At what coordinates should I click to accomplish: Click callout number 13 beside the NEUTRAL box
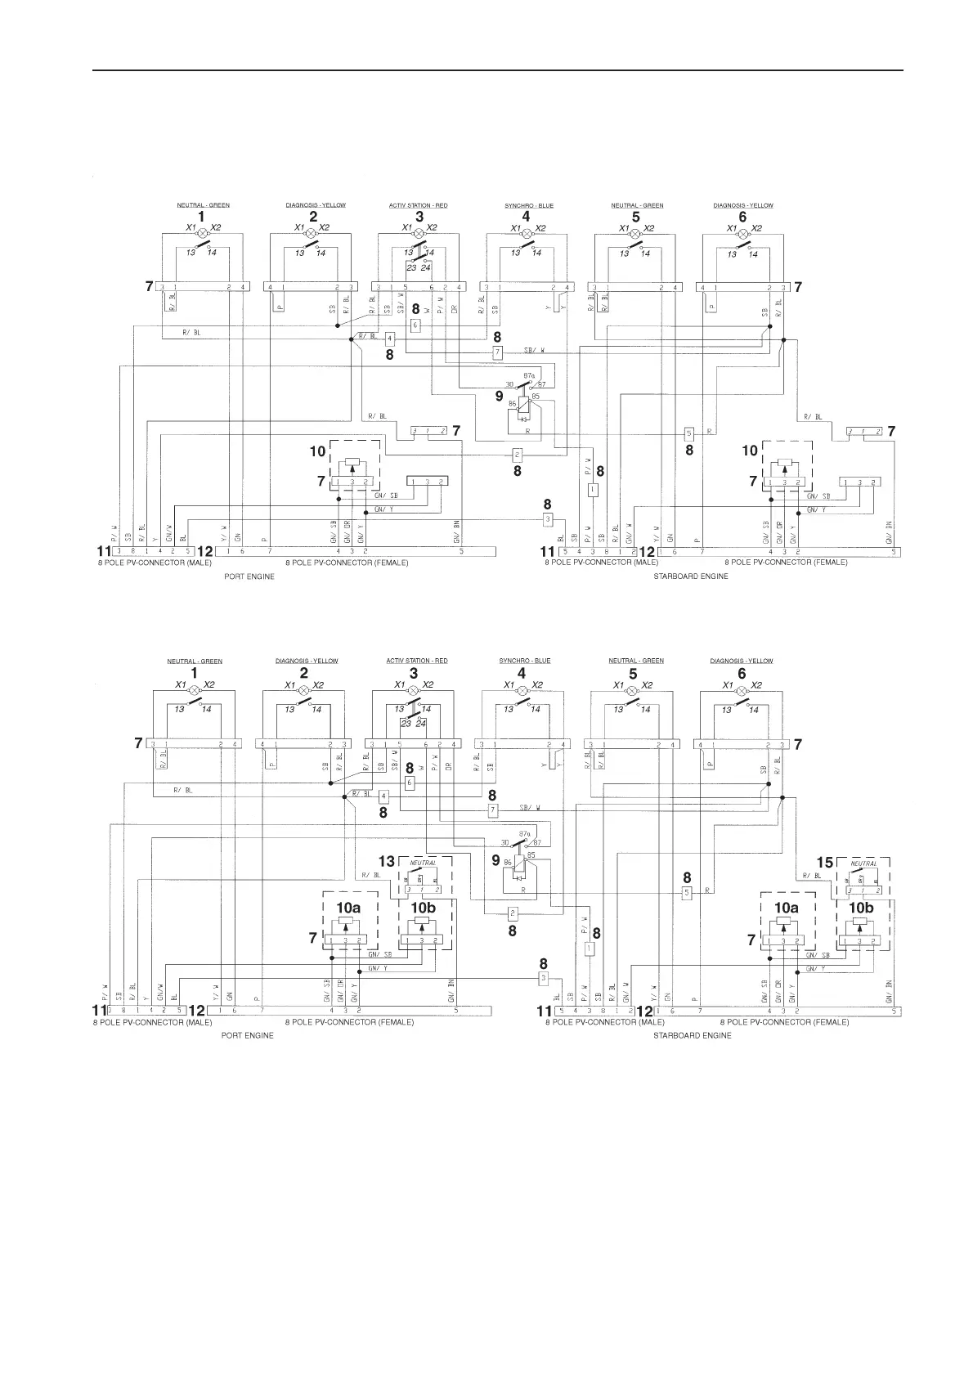[x=387, y=861]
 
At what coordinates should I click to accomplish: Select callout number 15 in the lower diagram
[x=825, y=862]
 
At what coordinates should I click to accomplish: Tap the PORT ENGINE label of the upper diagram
[x=249, y=576]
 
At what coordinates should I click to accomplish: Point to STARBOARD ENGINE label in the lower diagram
[x=692, y=1035]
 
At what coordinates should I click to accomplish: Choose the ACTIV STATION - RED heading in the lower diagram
[x=417, y=661]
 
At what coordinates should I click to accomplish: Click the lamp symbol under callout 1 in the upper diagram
[x=201, y=233]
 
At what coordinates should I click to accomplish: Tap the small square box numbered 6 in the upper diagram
[x=415, y=325]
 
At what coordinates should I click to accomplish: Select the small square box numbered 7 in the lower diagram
[x=492, y=810]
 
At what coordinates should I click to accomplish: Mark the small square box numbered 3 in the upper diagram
[x=548, y=520]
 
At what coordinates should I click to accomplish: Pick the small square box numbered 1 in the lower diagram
[x=589, y=949]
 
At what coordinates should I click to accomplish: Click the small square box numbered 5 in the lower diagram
[x=687, y=892]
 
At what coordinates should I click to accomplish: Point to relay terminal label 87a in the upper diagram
[x=528, y=375]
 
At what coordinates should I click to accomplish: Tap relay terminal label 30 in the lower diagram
[x=505, y=841]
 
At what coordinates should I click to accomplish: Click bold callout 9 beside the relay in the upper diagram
[x=499, y=396]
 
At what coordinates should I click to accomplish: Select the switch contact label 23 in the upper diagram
[x=411, y=267]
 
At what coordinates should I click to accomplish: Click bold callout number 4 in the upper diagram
[x=526, y=217]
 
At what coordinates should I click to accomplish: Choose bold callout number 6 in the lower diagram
[x=742, y=674]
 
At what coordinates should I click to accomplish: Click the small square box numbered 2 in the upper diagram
[x=517, y=455]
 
